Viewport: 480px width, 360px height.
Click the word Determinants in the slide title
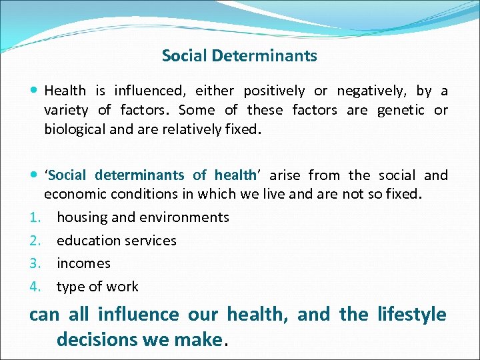(x=265, y=56)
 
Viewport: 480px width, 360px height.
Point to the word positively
(x=274, y=91)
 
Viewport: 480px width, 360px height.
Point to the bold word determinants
(x=139, y=175)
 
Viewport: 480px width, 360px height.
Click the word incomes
(x=83, y=264)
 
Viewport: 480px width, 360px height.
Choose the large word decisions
(x=97, y=340)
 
